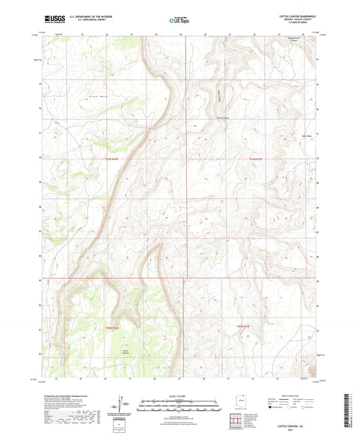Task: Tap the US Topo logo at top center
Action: point(179,20)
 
